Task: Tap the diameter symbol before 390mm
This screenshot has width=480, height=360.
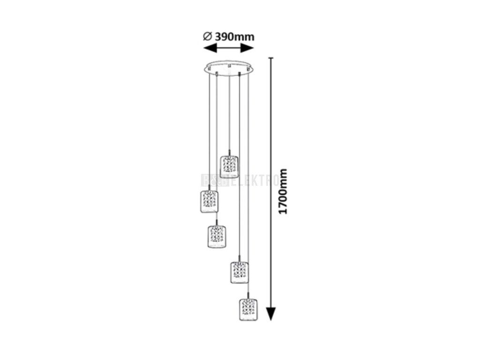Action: [208, 37]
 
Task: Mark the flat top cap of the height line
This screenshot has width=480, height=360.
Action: [270, 58]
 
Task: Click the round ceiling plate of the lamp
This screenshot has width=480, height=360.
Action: [228, 67]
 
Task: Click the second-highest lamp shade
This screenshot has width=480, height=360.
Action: [209, 202]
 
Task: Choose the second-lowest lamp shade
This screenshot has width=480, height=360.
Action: [239, 272]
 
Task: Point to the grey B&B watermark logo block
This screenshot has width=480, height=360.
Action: [214, 180]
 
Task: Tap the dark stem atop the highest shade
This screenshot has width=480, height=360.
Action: [229, 152]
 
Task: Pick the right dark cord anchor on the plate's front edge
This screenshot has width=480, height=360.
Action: [240, 74]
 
